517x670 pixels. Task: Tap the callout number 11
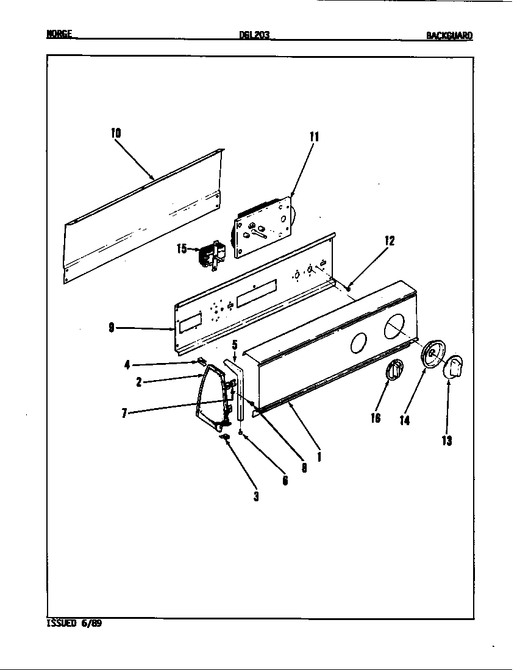coord(314,136)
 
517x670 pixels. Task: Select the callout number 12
coord(390,241)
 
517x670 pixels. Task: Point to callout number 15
coord(182,249)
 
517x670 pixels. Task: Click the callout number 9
coord(112,328)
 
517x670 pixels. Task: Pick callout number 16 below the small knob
coord(375,418)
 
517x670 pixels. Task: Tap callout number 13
coord(447,441)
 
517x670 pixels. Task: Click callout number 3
coord(256,496)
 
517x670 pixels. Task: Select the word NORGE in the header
coord(60,35)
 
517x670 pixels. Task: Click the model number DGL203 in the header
coord(254,35)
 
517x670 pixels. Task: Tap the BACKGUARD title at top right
coord(449,35)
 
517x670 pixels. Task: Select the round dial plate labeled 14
coord(432,355)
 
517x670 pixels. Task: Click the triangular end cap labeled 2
coord(210,396)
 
